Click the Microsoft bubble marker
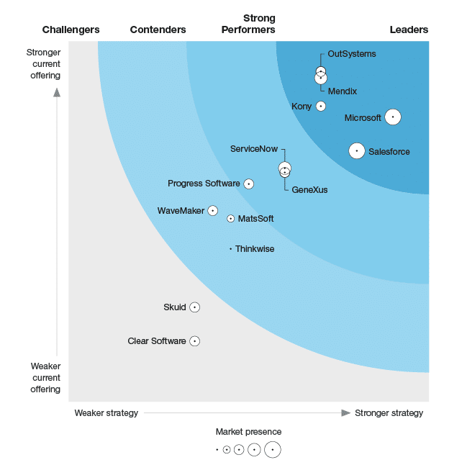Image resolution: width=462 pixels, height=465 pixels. click(x=392, y=117)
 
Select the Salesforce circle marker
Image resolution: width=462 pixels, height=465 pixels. click(x=356, y=151)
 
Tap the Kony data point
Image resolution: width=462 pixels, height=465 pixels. click(x=321, y=107)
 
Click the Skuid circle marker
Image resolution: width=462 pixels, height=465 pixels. click(x=194, y=307)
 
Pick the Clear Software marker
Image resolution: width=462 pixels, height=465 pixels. click(x=194, y=341)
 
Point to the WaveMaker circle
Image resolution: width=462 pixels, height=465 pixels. click(x=212, y=210)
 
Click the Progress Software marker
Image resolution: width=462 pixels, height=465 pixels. click(x=249, y=184)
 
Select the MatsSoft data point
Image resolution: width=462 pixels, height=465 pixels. click(x=230, y=219)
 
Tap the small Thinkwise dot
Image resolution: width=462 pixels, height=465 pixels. click(x=230, y=249)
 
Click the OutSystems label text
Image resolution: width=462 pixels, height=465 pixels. click(x=351, y=54)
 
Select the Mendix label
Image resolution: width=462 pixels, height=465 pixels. click(x=342, y=91)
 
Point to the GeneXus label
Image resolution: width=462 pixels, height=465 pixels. click(x=309, y=189)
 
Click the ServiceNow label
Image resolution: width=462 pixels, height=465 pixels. click(x=253, y=149)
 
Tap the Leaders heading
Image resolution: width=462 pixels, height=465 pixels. click(x=409, y=30)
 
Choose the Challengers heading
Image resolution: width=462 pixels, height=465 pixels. click(x=71, y=30)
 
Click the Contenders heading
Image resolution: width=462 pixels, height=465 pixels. click(x=158, y=30)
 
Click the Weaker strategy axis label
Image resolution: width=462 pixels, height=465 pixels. click(x=106, y=413)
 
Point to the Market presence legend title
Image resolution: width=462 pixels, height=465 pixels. click(x=248, y=432)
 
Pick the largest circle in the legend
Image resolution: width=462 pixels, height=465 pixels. click(x=272, y=450)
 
